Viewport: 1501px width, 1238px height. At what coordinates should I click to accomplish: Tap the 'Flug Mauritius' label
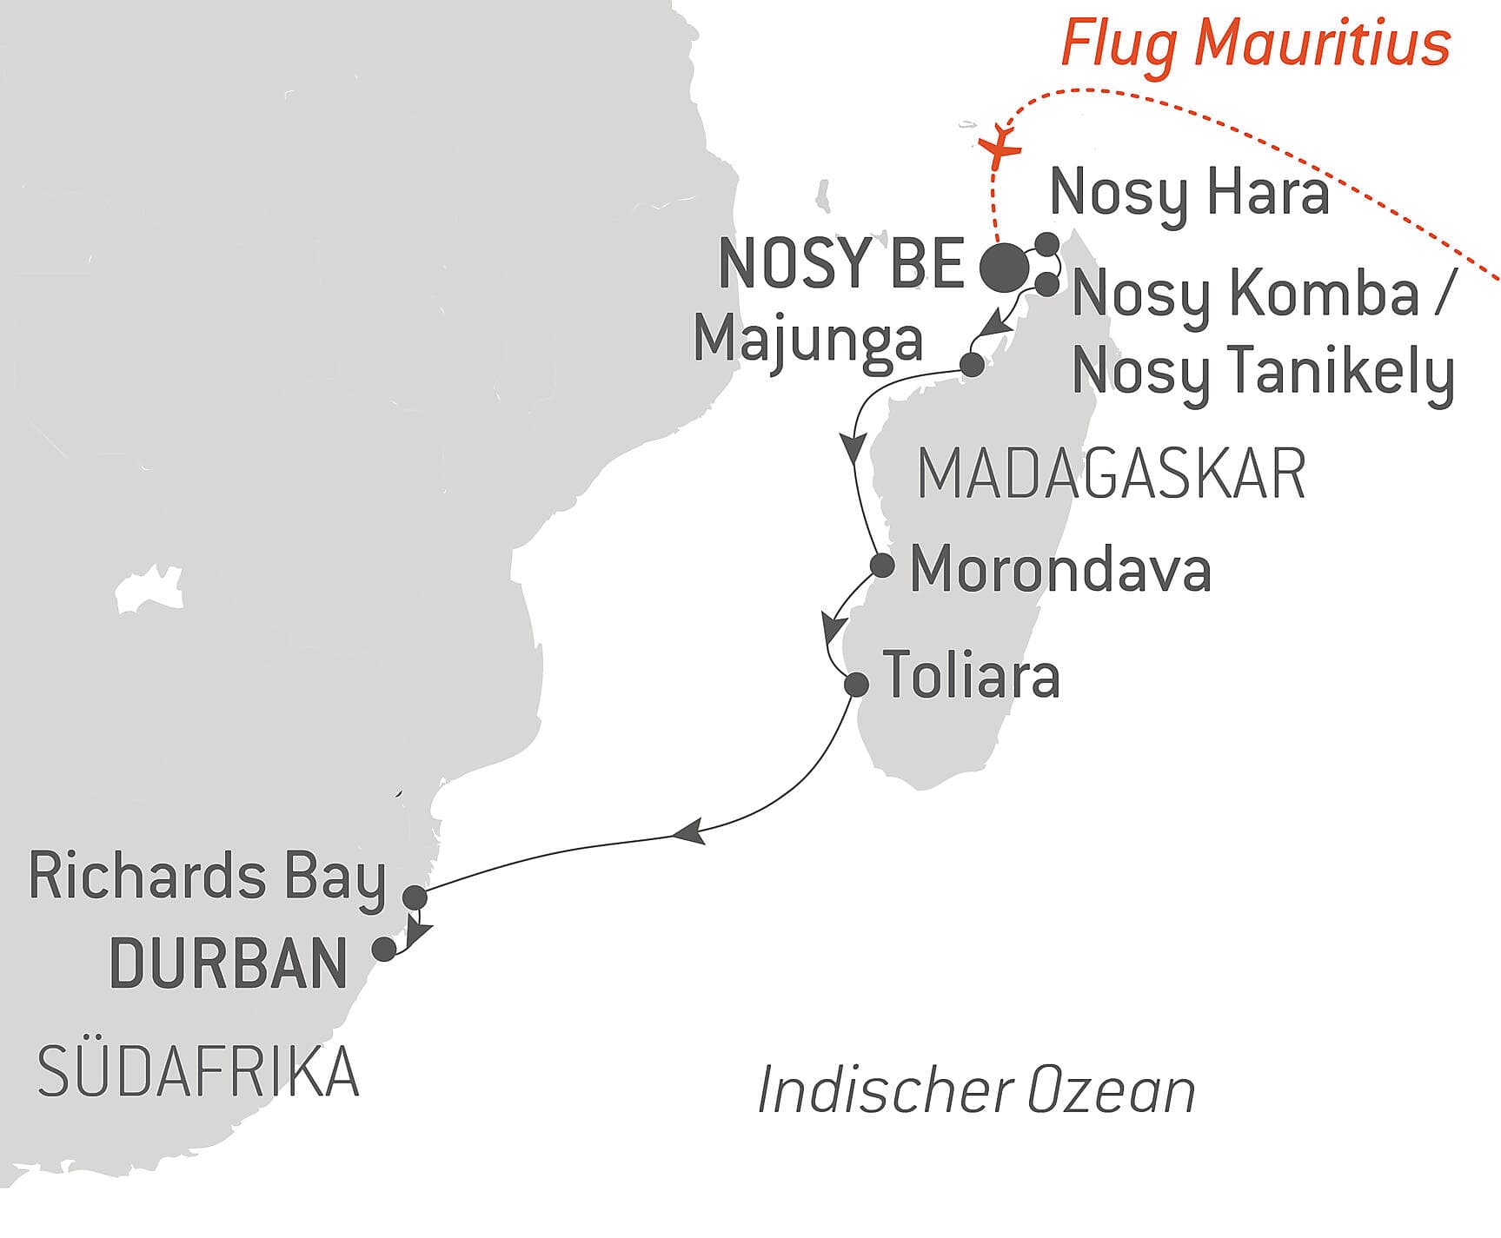[x=1255, y=43]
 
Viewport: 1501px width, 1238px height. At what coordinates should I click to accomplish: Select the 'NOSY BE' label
[x=841, y=264]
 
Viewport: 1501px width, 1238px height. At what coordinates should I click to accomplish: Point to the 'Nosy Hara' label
[x=1189, y=194]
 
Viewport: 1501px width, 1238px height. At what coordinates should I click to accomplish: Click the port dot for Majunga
[x=973, y=365]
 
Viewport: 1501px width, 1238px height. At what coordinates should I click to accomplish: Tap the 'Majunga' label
[x=807, y=339]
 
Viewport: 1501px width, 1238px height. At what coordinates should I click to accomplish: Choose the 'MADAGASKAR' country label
[x=1111, y=474]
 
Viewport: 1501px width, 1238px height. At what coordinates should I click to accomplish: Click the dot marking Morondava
[x=882, y=566]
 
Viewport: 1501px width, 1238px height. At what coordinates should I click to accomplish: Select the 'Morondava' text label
[x=1060, y=571]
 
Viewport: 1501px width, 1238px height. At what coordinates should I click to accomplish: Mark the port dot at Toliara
[x=857, y=685]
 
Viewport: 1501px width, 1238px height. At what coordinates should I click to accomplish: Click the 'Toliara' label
[x=971, y=675]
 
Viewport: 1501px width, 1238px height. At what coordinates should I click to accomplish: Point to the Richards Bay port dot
[x=416, y=897]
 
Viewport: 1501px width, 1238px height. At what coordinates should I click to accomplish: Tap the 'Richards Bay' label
[x=207, y=877]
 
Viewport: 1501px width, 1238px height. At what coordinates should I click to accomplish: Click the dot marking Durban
[x=384, y=949]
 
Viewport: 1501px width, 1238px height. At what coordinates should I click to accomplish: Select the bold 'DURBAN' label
[x=229, y=963]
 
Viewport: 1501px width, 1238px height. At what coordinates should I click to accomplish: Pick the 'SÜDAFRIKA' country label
[x=198, y=1072]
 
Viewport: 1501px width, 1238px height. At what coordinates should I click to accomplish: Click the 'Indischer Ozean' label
[x=976, y=1091]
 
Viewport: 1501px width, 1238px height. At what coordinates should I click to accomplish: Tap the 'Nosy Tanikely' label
[x=1263, y=372]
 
